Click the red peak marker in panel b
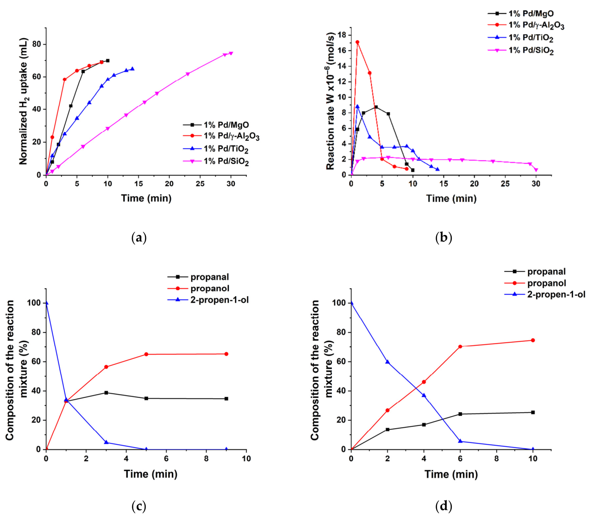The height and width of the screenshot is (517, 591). pos(357,42)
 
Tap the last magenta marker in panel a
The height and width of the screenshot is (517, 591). pos(231,53)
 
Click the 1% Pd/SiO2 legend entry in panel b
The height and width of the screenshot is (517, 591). pos(530,50)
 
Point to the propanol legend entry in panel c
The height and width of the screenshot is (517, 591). pos(210,288)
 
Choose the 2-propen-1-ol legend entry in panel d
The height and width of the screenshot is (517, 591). pos(556,294)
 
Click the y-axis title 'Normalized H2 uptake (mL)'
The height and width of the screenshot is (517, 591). pos(23,102)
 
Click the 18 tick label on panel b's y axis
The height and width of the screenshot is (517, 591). pos(341,35)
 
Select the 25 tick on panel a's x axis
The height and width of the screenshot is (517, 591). pos(200,184)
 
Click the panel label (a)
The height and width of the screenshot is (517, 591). pos(138,238)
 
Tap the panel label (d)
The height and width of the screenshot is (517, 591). pos(443,506)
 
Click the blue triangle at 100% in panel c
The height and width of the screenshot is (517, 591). pos(46,303)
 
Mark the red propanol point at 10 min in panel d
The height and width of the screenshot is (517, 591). pos(533,340)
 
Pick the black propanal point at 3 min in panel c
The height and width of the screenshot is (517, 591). pos(106,393)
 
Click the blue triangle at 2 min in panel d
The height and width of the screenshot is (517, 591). pos(387,362)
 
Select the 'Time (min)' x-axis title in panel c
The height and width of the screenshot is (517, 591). pos(150,474)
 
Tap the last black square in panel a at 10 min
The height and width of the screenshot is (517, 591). pos(108,61)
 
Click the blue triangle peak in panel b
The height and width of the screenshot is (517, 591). pos(357,106)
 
